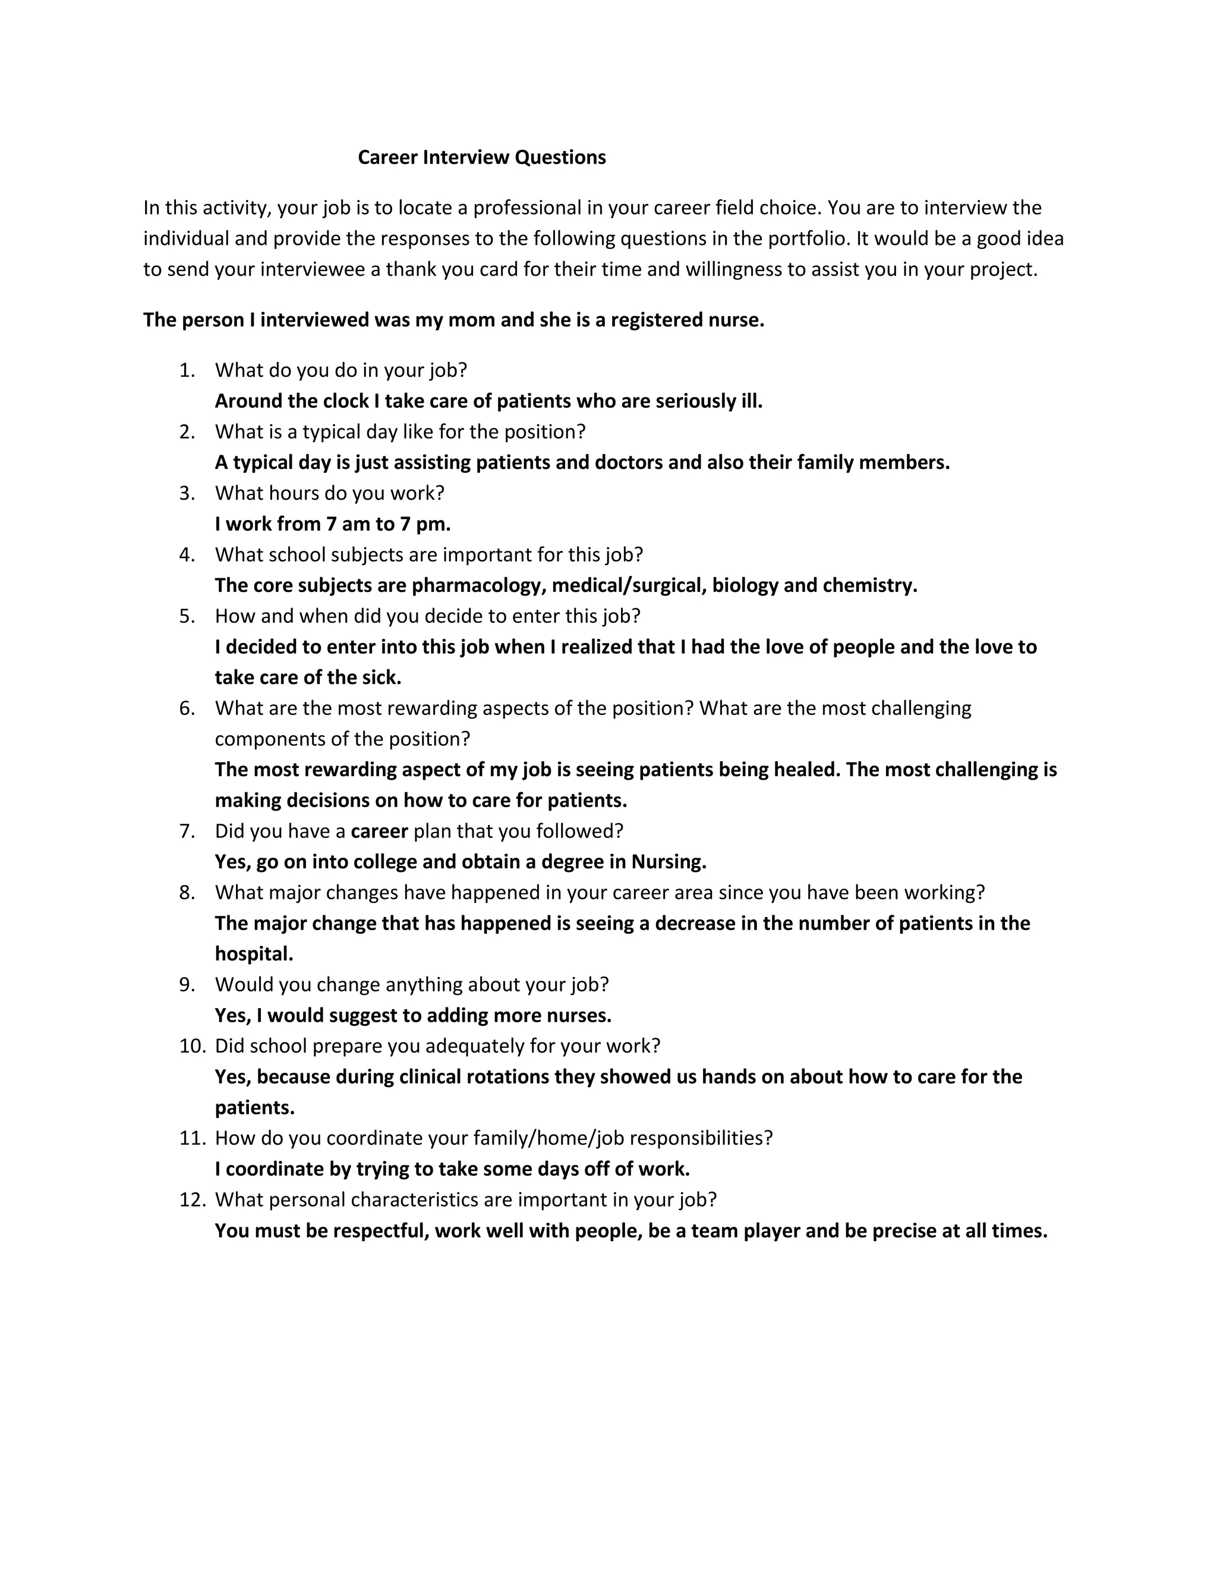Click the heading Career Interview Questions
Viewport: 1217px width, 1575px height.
coord(481,157)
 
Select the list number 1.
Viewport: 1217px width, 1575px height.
coord(187,371)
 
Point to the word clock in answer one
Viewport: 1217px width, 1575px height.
coord(345,401)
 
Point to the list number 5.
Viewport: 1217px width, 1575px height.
coord(187,616)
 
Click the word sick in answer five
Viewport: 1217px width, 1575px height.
coord(379,678)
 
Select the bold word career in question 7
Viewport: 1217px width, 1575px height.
coord(379,831)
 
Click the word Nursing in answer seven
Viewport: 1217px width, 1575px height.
coord(669,862)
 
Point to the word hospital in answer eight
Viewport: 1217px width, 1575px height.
coord(254,954)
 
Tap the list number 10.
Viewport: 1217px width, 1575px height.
coord(193,1047)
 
